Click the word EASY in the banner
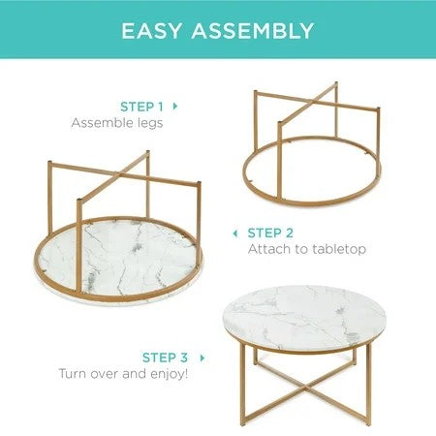click(x=154, y=30)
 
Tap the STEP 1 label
click(x=140, y=105)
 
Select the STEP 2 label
click(x=271, y=233)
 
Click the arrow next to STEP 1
click(x=174, y=105)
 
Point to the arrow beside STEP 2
click(x=235, y=233)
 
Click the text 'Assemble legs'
click(x=115, y=123)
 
